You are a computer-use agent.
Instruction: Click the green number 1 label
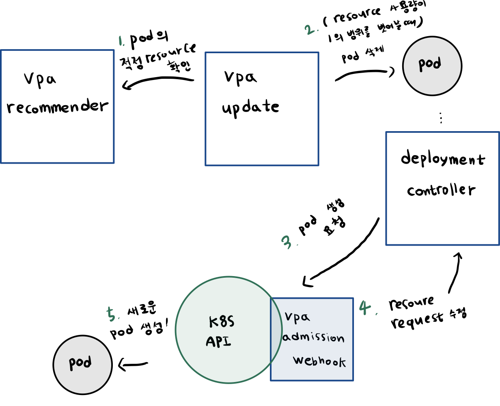[121, 41]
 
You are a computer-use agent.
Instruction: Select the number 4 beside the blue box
[365, 307]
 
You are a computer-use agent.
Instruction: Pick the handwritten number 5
[111, 314]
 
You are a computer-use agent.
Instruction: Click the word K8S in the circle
[222, 322]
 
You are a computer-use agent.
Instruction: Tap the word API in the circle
[218, 341]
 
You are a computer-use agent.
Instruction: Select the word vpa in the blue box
[297, 317]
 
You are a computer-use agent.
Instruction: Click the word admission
[313, 337]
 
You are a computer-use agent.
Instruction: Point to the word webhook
[319, 361]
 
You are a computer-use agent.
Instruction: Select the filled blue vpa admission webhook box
[321, 371]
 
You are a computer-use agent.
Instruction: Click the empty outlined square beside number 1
[57, 107]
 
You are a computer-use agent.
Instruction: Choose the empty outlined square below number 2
[262, 109]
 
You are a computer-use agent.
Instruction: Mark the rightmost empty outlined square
[442, 188]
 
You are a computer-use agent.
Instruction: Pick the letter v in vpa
[289, 316]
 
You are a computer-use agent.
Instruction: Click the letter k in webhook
[342, 362]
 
